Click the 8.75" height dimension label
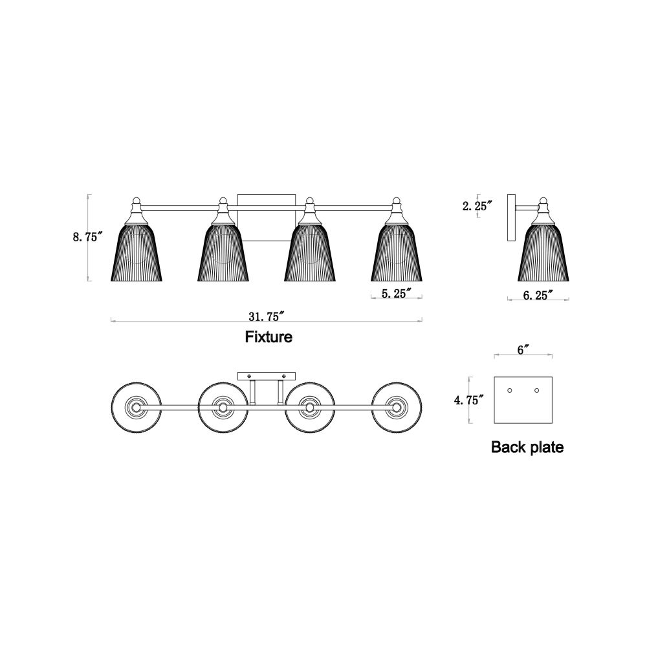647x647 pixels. (x=87, y=237)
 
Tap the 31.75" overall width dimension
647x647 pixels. (x=267, y=316)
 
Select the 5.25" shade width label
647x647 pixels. (x=397, y=294)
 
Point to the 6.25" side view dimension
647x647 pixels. (x=538, y=295)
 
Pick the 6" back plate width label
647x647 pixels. (x=523, y=350)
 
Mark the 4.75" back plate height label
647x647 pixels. (x=469, y=400)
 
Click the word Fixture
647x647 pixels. (x=269, y=336)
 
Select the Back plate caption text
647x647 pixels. (x=527, y=447)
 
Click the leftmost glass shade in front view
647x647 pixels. (x=137, y=252)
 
